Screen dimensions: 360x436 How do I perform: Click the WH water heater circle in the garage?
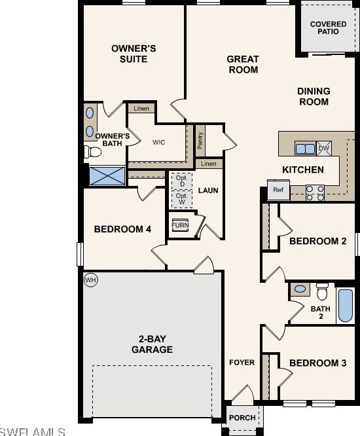click(x=91, y=280)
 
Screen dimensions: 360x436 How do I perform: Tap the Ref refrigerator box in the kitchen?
click(x=278, y=190)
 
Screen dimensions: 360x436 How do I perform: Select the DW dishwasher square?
click(x=324, y=148)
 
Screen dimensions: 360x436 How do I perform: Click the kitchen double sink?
click(x=305, y=149)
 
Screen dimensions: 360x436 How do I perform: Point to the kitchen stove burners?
click(x=315, y=193)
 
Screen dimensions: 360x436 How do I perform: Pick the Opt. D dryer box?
click(x=182, y=181)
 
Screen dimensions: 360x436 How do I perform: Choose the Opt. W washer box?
click(x=182, y=199)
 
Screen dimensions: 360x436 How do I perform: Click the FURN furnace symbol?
click(x=180, y=225)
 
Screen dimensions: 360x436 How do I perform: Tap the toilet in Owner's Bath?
click(x=93, y=152)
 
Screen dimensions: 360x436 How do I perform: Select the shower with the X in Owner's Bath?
click(x=107, y=175)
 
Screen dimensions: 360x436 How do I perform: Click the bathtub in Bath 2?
click(x=346, y=305)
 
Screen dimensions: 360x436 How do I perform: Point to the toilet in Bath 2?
click(x=322, y=291)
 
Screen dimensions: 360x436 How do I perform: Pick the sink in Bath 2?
click(x=300, y=289)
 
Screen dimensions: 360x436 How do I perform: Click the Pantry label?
click(x=200, y=140)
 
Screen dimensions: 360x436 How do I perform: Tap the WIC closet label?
click(x=159, y=142)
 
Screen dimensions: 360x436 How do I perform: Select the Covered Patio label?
click(x=329, y=27)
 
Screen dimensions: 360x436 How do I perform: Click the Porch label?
click(x=242, y=418)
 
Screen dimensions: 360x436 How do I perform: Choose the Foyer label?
click(x=242, y=362)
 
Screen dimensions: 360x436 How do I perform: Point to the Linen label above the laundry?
click(x=209, y=164)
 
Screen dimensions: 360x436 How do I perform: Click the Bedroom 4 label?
click(x=122, y=229)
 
